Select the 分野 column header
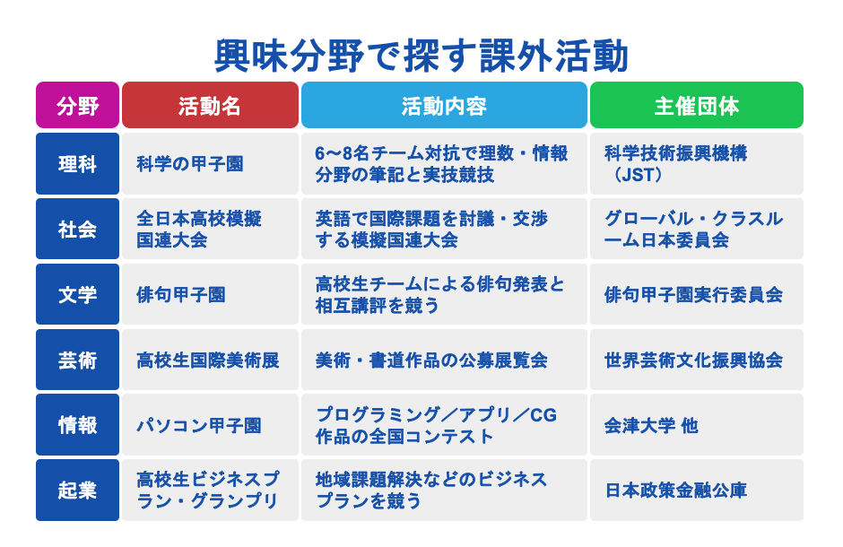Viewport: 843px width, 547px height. tap(77, 106)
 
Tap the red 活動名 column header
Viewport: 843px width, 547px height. tap(210, 106)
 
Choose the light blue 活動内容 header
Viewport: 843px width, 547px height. tap(444, 106)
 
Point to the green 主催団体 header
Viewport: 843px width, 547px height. tap(696, 106)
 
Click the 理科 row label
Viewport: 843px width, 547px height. tap(77, 164)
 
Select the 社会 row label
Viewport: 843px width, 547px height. tap(77, 230)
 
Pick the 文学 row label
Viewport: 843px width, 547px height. tap(77, 294)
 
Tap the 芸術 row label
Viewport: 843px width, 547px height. tap(77, 360)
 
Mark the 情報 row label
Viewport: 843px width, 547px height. tap(77, 425)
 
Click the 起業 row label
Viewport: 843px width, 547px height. tap(77, 491)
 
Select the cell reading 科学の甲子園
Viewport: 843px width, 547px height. tap(210, 164)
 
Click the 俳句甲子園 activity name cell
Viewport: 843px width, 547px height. tap(210, 294)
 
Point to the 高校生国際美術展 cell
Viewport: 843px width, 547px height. tap(210, 360)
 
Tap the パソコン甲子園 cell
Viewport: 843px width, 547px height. tap(210, 425)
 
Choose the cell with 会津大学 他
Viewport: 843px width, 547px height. tap(696, 425)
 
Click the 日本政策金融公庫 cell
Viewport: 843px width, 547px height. tap(696, 491)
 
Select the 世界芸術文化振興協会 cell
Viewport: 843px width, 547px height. tap(696, 360)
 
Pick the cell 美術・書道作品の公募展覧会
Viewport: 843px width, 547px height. tap(444, 360)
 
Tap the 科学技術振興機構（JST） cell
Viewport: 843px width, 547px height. tap(696, 164)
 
